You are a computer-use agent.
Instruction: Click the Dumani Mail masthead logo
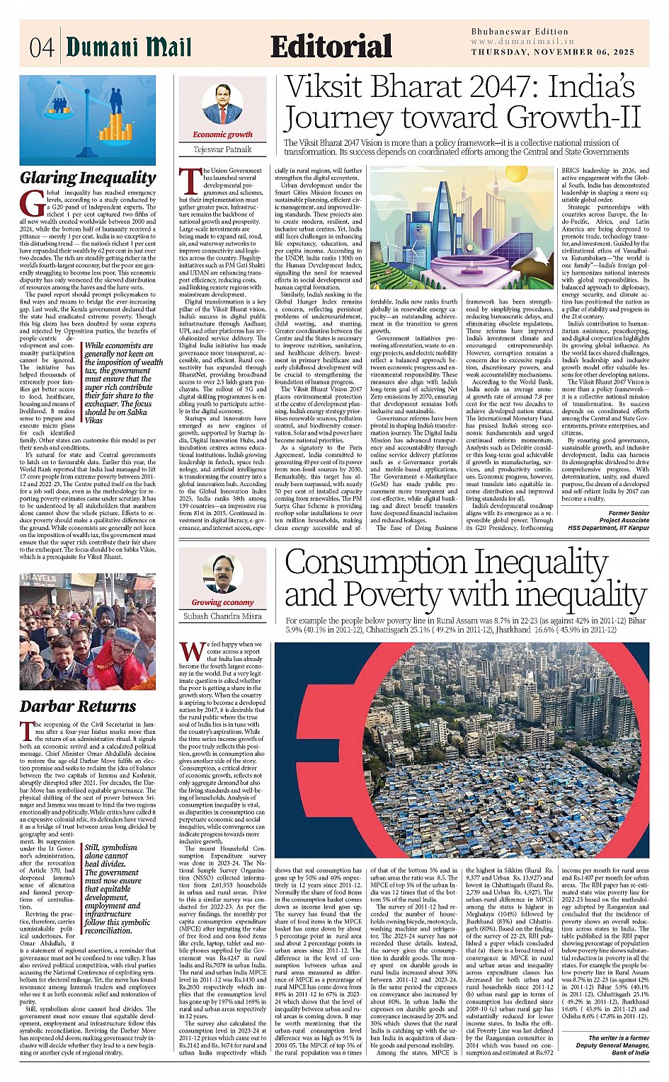pyautogui.click(x=128, y=47)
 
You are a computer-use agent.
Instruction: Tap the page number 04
pyautogui.click(x=42, y=47)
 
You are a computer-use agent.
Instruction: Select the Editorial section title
pyautogui.click(x=331, y=47)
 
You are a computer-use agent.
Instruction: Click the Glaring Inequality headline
pyautogui.click(x=87, y=177)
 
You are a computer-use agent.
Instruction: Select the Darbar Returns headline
pyautogui.click(x=78, y=706)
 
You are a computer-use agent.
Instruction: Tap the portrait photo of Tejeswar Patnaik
pyautogui.click(x=222, y=105)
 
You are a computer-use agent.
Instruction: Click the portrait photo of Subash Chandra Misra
pyautogui.click(x=222, y=573)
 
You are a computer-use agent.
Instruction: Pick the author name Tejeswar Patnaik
pyautogui.click(x=222, y=150)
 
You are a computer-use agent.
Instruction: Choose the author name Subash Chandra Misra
pyautogui.click(x=222, y=616)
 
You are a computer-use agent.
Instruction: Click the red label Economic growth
pyautogui.click(x=222, y=134)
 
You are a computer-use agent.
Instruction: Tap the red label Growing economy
pyautogui.click(x=222, y=602)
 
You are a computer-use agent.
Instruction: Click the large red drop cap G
pyautogui.click(x=32, y=202)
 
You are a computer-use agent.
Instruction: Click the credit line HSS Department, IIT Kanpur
pyautogui.click(x=608, y=528)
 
